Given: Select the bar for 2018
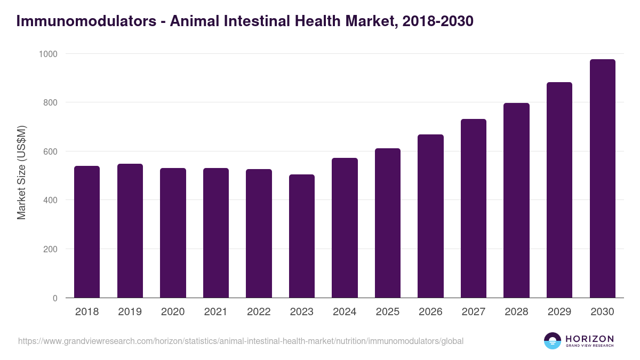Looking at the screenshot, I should click(87, 232).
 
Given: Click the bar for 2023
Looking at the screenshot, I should click(301, 236).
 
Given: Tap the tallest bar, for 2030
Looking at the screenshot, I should click(602, 179).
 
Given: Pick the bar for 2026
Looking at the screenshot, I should click(430, 216).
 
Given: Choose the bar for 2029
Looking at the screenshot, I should click(559, 190).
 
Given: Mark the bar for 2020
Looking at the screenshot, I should click(173, 233).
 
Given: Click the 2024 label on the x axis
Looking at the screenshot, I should click(345, 312).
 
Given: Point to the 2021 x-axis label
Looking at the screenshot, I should click(215, 312).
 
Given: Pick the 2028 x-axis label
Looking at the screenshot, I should click(516, 312).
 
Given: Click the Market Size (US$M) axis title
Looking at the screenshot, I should click(21, 172).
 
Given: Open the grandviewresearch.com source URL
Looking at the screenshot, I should click(241, 341).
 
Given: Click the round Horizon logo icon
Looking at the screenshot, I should click(552, 341).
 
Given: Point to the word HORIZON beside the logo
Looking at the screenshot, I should click(589, 338).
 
